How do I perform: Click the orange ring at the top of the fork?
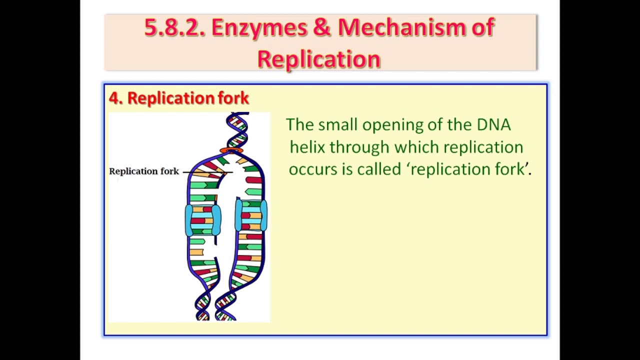(231, 150)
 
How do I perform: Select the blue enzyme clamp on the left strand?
(202, 220)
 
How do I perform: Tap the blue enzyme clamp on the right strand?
(251, 215)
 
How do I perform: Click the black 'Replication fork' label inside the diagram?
(144, 171)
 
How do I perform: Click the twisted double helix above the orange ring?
(237, 129)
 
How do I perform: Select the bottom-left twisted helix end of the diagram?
(203, 305)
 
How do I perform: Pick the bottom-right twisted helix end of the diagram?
(225, 305)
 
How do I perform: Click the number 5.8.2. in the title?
(174, 27)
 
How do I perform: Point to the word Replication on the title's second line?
(319, 59)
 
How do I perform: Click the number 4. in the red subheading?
(115, 98)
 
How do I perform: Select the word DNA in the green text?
(493, 124)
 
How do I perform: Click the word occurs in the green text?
(313, 169)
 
